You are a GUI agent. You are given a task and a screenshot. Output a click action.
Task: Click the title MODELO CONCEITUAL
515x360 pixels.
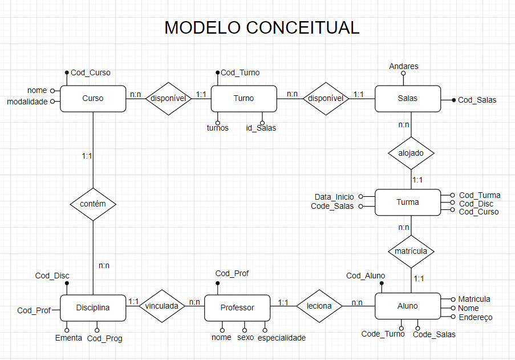pyautogui.click(x=262, y=27)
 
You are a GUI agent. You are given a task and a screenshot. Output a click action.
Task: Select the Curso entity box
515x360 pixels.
pyautogui.click(x=93, y=98)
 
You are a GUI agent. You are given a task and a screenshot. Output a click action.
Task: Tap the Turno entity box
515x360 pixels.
pyautogui.click(x=244, y=98)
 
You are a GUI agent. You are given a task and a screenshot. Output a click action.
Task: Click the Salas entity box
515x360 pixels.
pyautogui.click(x=407, y=98)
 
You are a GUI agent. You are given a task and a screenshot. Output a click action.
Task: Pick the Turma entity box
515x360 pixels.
pyautogui.click(x=407, y=202)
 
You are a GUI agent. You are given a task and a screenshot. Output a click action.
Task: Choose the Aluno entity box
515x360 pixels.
pyautogui.click(x=407, y=306)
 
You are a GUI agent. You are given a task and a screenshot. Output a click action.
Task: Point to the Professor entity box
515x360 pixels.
pyautogui.click(x=237, y=308)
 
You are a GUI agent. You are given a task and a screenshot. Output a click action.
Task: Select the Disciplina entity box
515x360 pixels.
pyautogui.click(x=93, y=308)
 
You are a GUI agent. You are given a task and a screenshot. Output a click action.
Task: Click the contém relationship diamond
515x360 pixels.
pyautogui.click(x=93, y=204)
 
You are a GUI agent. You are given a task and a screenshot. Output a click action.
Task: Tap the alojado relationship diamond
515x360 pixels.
pyautogui.click(x=411, y=153)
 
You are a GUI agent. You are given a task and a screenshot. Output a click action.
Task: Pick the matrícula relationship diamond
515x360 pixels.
pyautogui.click(x=411, y=251)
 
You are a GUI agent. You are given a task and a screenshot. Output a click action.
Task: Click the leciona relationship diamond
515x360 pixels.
pyautogui.click(x=319, y=306)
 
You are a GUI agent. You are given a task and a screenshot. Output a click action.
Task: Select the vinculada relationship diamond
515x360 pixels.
pyautogui.click(x=162, y=306)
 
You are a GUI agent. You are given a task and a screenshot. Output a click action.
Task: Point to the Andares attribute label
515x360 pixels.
pyautogui.click(x=404, y=66)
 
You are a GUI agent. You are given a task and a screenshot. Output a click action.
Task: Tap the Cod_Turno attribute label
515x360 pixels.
pyautogui.click(x=240, y=72)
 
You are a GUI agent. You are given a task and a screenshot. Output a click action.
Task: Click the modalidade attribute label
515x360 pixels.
pyautogui.click(x=27, y=102)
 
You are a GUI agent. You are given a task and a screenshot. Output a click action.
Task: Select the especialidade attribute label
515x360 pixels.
pyautogui.click(x=281, y=338)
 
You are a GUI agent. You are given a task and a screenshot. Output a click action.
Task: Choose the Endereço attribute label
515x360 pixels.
pyautogui.click(x=475, y=317)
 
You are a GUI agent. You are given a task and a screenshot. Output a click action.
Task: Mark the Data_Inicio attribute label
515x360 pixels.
pyautogui.click(x=335, y=197)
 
